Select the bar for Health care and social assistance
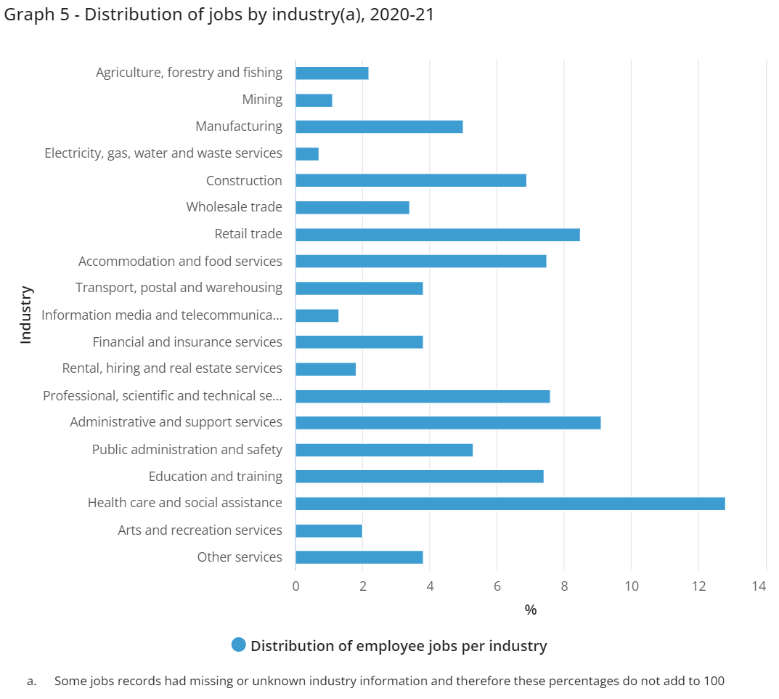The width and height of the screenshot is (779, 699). coord(510,504)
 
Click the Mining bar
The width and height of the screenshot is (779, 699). coord(314,100)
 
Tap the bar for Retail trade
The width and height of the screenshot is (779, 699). coord(437,235)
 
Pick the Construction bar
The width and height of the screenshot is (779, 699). coord(410,180)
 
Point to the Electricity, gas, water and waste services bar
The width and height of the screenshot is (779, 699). coord(307,154)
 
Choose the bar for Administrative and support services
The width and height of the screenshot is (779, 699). coord(447,423)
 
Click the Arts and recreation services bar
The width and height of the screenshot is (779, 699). coord(328,530)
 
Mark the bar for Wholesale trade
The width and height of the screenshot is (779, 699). coord(352,208)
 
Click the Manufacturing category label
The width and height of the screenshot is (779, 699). coord(239,126)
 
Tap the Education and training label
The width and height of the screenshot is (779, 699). coord(215,477)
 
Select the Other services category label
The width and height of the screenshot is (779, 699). coord(240,557)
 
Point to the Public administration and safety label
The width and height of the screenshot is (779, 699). coord(187,450)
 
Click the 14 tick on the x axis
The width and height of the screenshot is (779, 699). coord(759,586)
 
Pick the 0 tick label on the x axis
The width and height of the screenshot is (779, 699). coord(295,586)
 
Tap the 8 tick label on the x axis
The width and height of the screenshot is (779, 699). coord(564,586)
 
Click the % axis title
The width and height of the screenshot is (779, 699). coord(531,610)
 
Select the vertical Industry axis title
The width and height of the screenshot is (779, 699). coord(26,315)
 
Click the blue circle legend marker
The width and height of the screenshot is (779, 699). coord(238,645)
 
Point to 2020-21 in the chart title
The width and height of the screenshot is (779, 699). coord(401,15)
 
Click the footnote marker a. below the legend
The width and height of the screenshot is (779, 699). coord(31,682)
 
